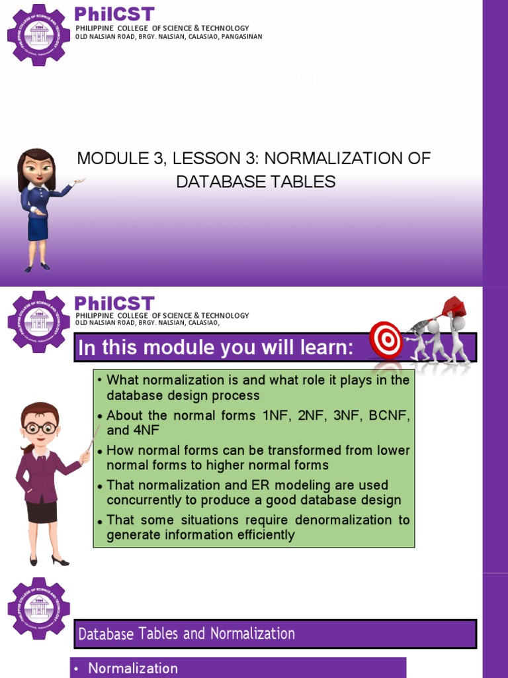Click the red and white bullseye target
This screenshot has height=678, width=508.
[x=385, y=340]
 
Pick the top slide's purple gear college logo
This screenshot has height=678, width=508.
[x=38, y=34]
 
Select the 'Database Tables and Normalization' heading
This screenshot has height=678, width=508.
[x=187, y=634]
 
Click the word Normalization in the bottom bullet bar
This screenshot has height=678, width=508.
[x=133, y=668]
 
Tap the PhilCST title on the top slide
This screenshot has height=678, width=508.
[x=114, y=14]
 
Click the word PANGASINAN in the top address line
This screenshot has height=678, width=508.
[x=237, y=36]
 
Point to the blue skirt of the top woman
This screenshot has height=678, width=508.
[x=38, y=224]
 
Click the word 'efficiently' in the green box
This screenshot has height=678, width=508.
[x=260, y=534]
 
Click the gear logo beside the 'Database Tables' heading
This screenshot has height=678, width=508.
[x=38, y=608]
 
